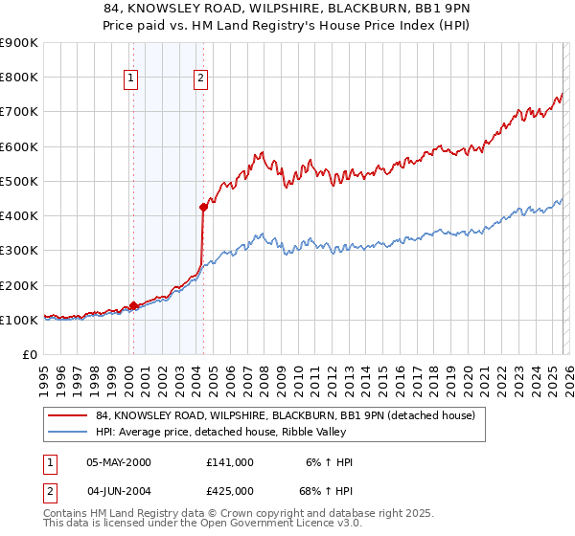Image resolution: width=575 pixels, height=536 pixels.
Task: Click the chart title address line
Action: pyautogui.click(x=287, y=9)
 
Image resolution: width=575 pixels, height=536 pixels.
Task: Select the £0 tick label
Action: pyautogui.click(x=30, y=355)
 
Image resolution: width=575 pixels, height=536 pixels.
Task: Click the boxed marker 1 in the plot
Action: pyautogui.click(x=130, y=79)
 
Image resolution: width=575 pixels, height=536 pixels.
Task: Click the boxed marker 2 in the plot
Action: pyautogui.click(x=200, y=79)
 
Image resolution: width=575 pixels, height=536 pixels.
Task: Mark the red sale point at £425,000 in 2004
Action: pyautogui.click(x=203, y=207)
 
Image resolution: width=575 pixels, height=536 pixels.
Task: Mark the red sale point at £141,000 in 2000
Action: pyautogui.click(x=133, y=305)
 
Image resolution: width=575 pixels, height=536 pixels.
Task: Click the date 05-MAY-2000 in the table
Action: pyautogui.click(x=119, y=462)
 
